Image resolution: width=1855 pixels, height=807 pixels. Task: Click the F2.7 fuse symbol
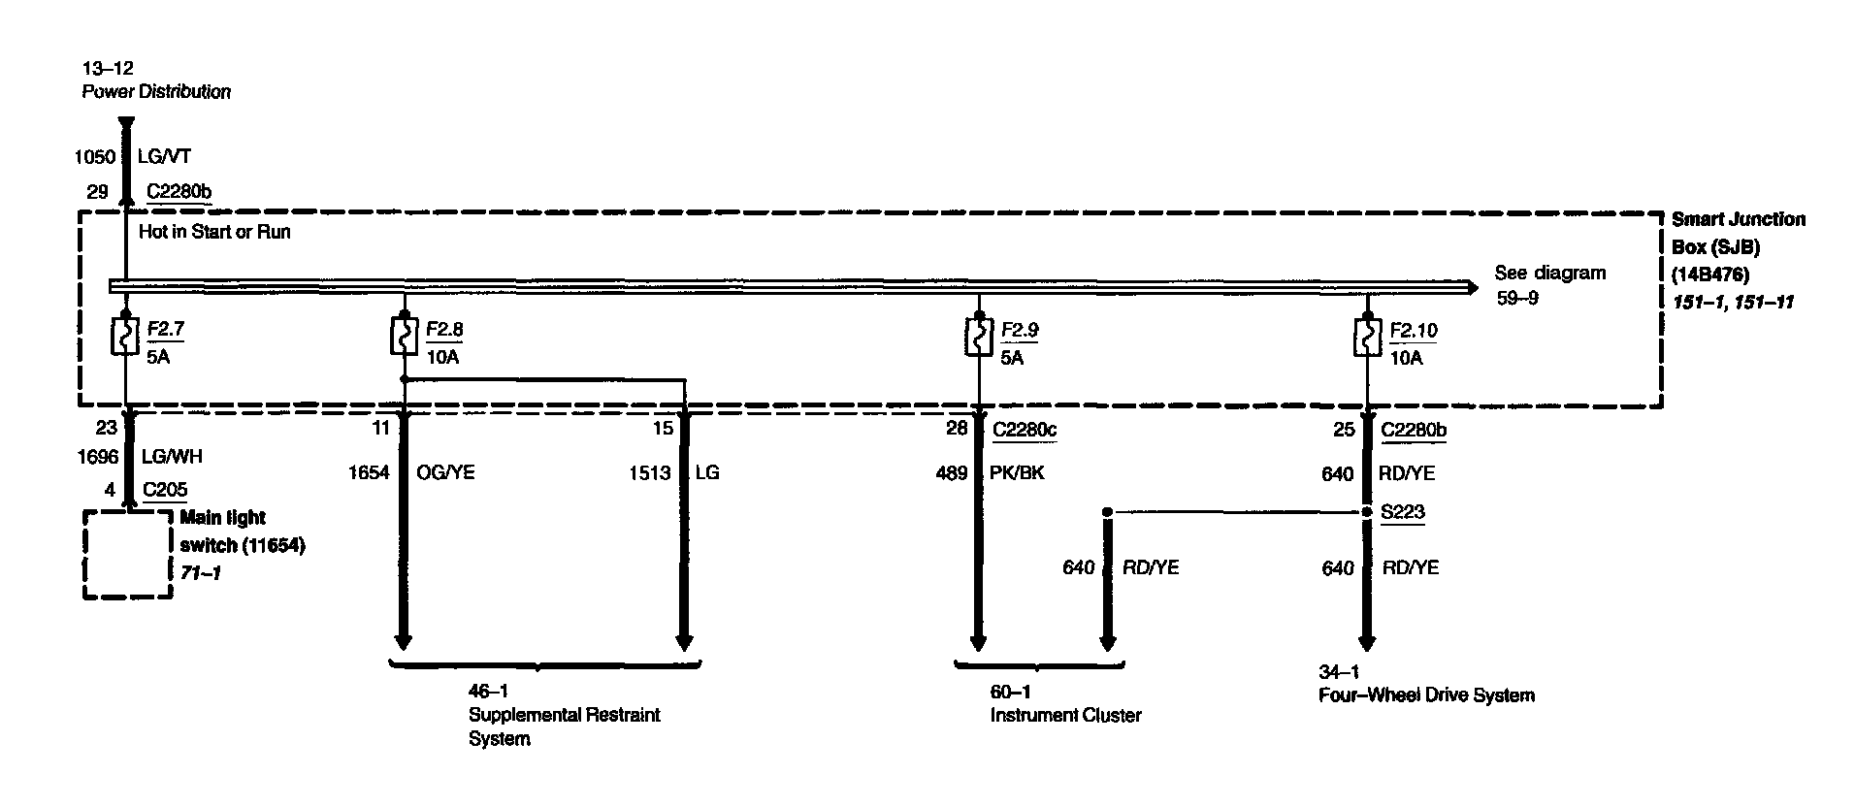click(x=125, y=339)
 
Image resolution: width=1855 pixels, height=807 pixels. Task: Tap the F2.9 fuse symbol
click(x=979, y=339)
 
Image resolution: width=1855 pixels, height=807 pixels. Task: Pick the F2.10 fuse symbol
click(x=1366, y=339)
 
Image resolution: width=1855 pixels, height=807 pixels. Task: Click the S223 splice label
click(x=1403, y=512)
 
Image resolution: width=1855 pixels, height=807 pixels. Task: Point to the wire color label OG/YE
click(x=446, y=473)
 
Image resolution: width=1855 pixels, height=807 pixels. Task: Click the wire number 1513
click(x=650, y=473)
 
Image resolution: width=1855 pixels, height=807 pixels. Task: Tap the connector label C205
click(x=165, y=490)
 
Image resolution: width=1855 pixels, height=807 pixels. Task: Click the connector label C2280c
click(x=1025, y=429)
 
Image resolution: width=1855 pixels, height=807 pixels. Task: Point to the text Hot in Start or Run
click(x=214, y=232)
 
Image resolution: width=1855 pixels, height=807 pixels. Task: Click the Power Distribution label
click(x=156, y=92)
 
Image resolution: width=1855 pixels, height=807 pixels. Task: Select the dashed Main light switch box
click(x=128, y=555)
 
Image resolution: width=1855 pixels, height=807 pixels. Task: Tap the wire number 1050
click(x=95, y=157)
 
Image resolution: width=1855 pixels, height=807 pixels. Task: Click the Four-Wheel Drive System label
click(x=1426, y=695)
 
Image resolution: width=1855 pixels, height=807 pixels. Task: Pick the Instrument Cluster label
click(x=1065, y=716)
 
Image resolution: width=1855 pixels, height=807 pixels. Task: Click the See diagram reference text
click(x=1549, y=274)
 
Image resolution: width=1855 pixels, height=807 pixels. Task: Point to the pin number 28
click(x=957, y=429)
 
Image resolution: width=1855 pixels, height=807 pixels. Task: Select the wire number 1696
click(x=97, y=457)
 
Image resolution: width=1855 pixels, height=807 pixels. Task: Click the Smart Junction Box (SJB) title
click(x=1738, y=233)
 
